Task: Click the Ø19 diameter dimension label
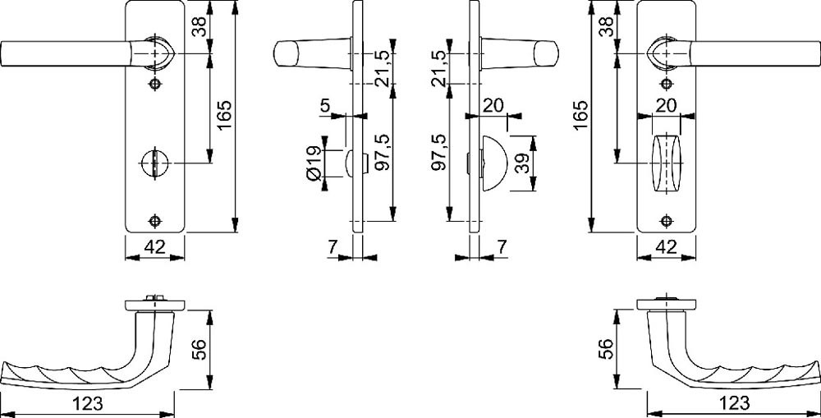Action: tap(314, 164)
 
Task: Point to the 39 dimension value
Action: tap(521, 164)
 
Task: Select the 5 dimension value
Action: tap(324, 106)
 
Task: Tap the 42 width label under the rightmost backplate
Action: tap(666, 246)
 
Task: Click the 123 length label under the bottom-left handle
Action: tap(88, 403)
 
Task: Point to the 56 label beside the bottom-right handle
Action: tap(605, 349)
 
